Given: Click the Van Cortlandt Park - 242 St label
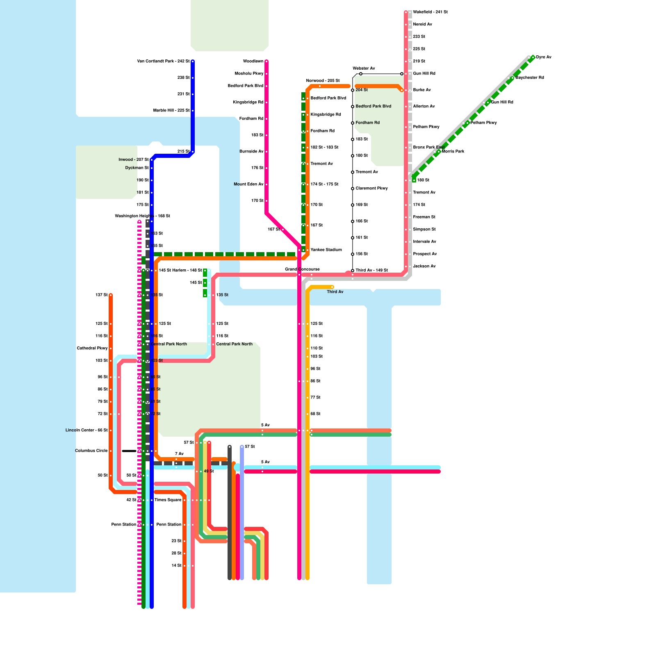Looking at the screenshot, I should pyautogui.click(x=163, y=61).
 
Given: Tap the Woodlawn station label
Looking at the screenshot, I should pyautogui.click(x=253, y=61).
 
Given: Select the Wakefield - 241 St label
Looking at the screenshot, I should pyautogui.click(x=430, y=12).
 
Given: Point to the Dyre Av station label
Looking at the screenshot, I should pyautogui.click(x=544, y=57).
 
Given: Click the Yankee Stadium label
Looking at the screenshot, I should pyautogui.click(x=326, y=250).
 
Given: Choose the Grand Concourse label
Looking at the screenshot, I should pyautogui.click(x=302, y=269).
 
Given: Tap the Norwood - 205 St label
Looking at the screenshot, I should pyautogui.click(x=323, y=81).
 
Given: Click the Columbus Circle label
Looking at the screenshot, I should pyautogui.click(x=91, y=451).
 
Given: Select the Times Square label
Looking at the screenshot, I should pyautogui.click(x=168, y=500).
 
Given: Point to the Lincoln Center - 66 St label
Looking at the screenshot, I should pyautogui.click(x=87, y=430).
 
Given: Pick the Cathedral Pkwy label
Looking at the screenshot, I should pyautogui.click(x=92, y=348).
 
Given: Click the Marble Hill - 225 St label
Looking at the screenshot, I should pyautogui.click(x=171, y=111).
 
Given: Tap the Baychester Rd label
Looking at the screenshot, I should pyautogui.click(x=530, y=78).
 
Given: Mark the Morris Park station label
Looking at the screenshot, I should pyautogui.click(x=453, y=152).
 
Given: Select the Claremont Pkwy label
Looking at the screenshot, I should pyautogui.click(x=371, y=189).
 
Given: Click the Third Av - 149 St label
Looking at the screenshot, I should pyautogui.click(x=371, y=271).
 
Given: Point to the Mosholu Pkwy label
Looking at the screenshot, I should pyautogui.click(x=249, y=74).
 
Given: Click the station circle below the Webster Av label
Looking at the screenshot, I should pyautogui.click(x=361, y=74).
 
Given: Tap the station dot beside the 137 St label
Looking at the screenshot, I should pyautogui.click(x=111, y=295).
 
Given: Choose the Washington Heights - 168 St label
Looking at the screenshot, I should pyautogui.click(x=142, y=216).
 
